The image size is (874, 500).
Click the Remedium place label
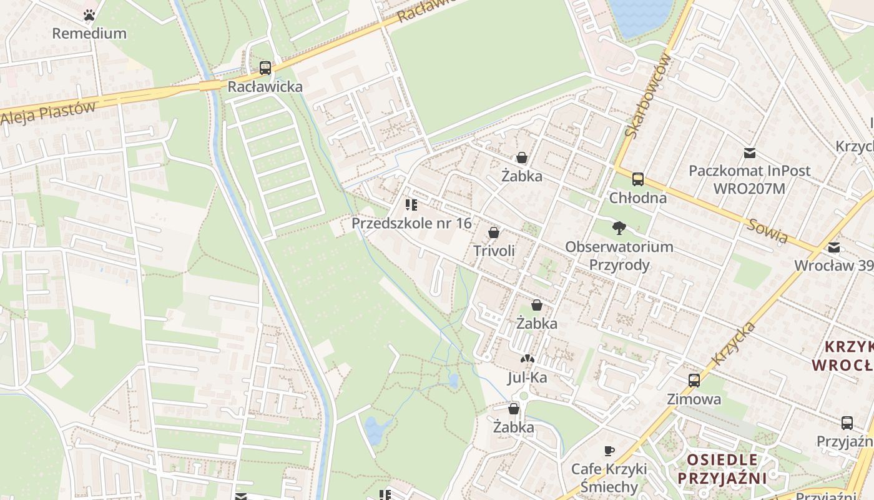coord(89,33)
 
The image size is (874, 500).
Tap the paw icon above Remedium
coord(89,14)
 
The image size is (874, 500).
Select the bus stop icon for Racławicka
coord(265,67)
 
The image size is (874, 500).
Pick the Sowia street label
coord(767,231)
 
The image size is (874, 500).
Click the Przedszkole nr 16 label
coord(411,223)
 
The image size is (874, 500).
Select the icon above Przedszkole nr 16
coord(411,204)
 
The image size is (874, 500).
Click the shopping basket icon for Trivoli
coord(494,232)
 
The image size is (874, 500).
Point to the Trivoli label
coord(494,251)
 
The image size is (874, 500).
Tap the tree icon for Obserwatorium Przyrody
coord(619,227)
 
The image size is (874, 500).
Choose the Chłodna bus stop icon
coord(638,179)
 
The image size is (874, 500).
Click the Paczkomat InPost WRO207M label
coord(749,179)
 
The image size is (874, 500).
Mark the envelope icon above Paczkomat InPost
coord(749,152)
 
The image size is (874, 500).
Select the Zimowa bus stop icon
coord(694,380)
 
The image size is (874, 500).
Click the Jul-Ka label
coord(528,377)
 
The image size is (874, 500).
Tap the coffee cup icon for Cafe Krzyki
coord(609,451)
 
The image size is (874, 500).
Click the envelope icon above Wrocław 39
coord(834,247)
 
